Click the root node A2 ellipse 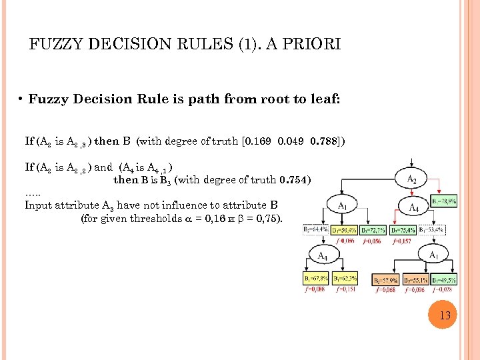412,179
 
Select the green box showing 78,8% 443,201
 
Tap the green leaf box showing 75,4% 403,230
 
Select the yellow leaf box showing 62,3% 345,279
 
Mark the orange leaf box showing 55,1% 416,281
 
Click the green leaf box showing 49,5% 444,281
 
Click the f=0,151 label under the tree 347,290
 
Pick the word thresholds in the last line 139,218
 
